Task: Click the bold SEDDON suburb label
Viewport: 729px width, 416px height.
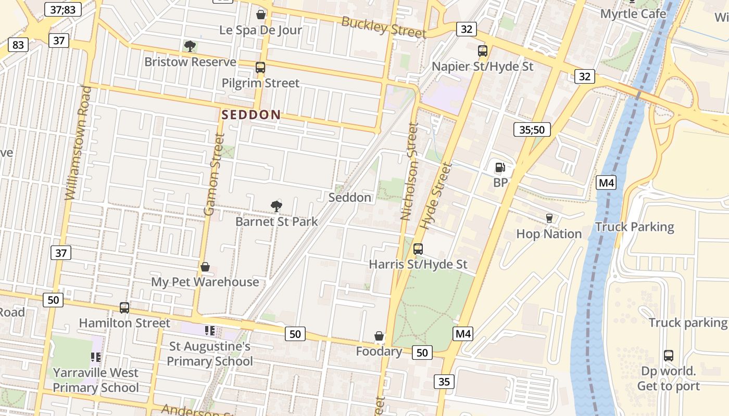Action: (251, 115)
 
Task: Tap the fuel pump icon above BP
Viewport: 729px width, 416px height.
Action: (500, 167)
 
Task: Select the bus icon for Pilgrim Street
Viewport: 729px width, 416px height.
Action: (260, 68)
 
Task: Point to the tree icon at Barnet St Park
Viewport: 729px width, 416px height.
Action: (276, 206)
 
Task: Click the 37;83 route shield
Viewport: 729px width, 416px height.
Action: (63, 9)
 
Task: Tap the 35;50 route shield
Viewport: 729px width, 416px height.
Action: (532, 129)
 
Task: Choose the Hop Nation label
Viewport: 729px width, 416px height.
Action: (549, 234)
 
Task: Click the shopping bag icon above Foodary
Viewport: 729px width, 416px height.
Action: (379, 336)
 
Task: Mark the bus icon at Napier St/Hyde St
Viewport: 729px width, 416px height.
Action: (483, 51)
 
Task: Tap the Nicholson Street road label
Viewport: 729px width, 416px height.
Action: (409, 172)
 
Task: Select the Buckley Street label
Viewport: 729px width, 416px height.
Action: (384, 27)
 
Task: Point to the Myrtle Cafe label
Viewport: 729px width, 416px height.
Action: (633, 14)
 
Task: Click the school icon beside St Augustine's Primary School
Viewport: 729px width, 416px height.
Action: (210, 331)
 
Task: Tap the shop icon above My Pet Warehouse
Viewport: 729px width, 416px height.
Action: (205, 267)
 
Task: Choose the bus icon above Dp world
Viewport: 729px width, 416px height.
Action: (669, 356)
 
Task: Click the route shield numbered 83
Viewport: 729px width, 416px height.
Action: (18, 45)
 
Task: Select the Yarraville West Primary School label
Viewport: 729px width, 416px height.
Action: (96, 380)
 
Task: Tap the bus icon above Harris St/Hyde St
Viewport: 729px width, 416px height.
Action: (418, 249)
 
